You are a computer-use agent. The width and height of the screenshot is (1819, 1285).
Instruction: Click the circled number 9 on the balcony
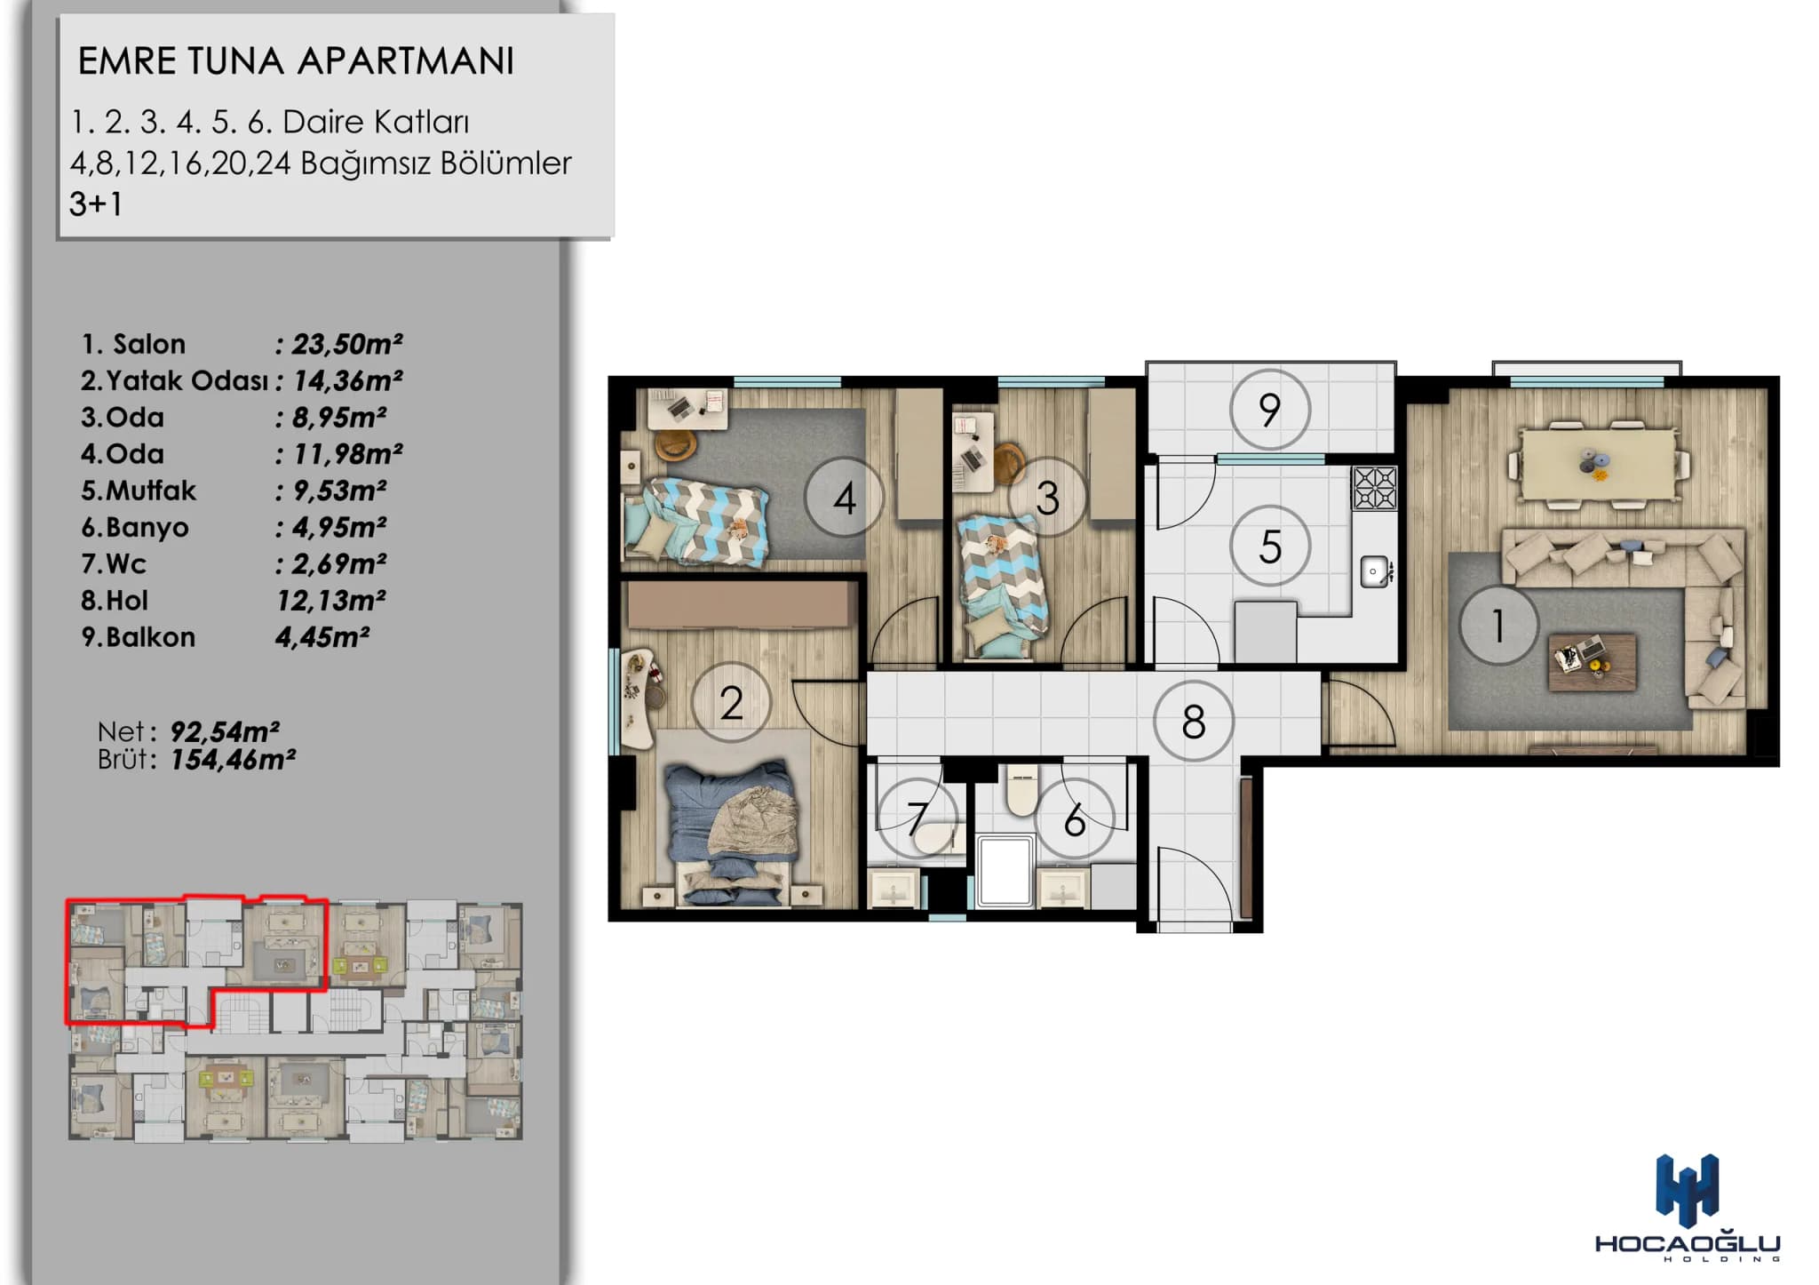1269,410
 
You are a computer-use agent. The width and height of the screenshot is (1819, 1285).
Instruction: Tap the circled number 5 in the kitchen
1270,546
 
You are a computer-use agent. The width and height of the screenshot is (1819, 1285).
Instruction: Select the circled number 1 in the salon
1498,625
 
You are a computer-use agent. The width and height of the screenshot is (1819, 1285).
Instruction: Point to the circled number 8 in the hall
1194,722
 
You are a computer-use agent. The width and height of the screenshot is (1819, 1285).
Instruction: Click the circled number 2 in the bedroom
731,703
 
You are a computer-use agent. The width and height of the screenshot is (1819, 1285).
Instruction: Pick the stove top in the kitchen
1374,488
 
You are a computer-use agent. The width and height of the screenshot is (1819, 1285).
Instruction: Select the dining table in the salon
1599,464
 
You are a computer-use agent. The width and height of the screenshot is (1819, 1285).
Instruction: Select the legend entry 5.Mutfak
139,491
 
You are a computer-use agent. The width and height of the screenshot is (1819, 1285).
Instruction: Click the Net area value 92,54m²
225,731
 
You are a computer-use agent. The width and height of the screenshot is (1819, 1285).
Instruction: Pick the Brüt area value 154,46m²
233,760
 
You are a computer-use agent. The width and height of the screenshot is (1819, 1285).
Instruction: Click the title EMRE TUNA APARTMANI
296,60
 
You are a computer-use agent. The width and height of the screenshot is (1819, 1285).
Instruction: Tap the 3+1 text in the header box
96,204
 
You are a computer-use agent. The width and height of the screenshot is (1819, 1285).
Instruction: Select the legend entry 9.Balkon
138,637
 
